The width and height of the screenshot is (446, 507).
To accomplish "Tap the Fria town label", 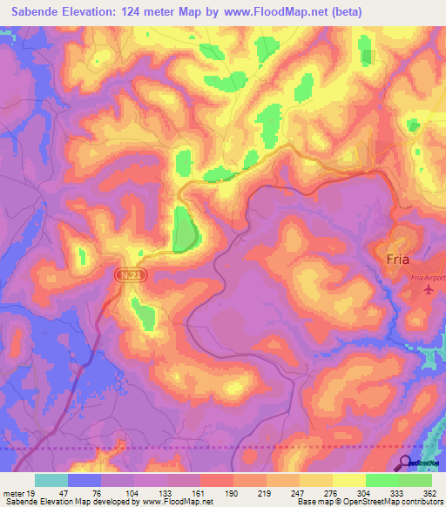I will pyautogui.click(x=399, y=259).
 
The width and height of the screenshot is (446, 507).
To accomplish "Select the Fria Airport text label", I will pyautogui.click(x=427, y=278).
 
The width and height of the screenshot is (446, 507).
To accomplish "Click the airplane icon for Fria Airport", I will pyautogui.click(x=427, y=289).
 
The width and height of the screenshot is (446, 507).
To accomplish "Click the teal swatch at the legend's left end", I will pyautogui.click(x=51, y=480).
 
